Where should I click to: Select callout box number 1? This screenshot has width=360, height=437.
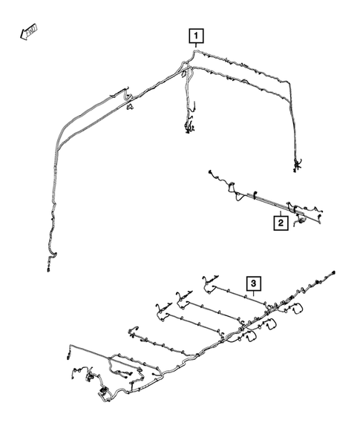[x=195, y=35]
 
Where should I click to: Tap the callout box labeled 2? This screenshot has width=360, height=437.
[x=281, y=221]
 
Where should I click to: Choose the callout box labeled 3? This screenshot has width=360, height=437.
[x=253, y=283]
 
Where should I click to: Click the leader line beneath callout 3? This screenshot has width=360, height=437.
[x=254, y=295]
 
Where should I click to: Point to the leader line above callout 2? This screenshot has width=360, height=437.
[x=281, y=210]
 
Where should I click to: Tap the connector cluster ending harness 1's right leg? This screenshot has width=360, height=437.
[x=298, y=165]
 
